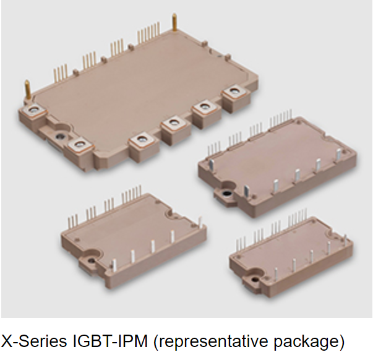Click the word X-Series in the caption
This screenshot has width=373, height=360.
tap(34, 341)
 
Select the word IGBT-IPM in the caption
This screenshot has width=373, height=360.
tap(109, 341)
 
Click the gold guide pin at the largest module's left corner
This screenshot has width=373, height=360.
tap(27, 90)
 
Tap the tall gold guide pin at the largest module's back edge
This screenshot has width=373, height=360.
tap(174, 22)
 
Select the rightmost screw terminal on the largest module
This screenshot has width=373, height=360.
tap(234, 92)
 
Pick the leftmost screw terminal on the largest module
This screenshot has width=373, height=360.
tap(34, 109)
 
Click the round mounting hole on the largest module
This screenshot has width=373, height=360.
tap(61, 137)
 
